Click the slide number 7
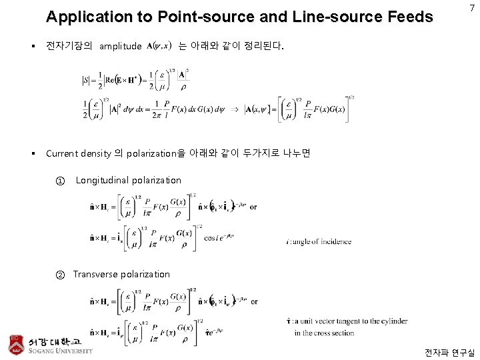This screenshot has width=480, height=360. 472,8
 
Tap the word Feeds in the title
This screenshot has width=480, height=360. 411,17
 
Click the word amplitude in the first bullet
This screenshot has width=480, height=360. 120,46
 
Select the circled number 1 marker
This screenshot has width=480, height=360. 61,180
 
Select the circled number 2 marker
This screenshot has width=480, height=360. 60,274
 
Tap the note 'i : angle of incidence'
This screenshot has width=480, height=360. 317,241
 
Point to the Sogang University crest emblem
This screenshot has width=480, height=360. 14,341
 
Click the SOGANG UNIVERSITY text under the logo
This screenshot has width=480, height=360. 60,351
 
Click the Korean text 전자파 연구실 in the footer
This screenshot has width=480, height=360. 449,352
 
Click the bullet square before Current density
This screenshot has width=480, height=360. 32,153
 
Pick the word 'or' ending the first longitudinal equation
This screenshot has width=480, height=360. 253,207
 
